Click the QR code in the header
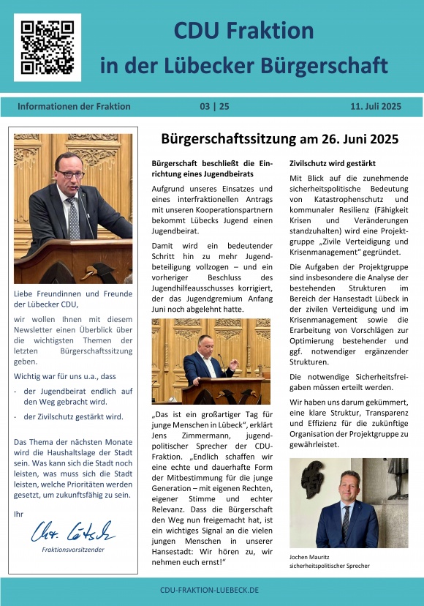tap(47, 47)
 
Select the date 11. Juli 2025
tap(375, 106)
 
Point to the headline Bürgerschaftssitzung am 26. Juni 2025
tap(279, 139)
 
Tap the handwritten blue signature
tap(73, 531)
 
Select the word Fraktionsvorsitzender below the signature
tap(73, 549)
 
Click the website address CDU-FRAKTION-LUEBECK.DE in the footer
tap(212, 590)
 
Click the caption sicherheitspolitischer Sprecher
tap(330, 566)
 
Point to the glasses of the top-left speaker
tap(70, 174)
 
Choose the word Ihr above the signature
tap(18, 514)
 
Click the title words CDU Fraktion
tap(243, 31)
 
